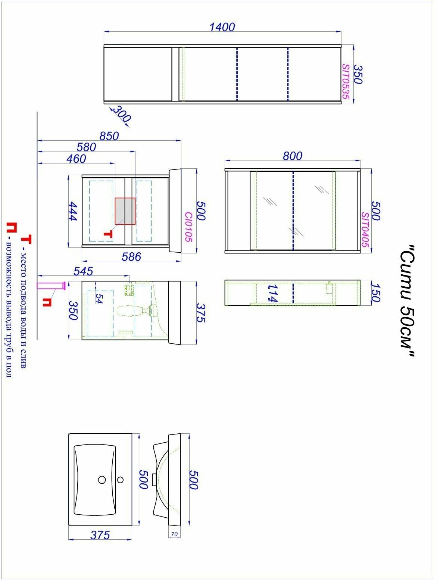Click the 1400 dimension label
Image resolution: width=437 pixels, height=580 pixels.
tap(222, 27)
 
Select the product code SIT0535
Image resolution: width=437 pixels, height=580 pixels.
tap(346, 82)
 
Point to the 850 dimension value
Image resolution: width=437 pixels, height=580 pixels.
tap(109, 136)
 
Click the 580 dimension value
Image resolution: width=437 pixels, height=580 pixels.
tap(86, 147)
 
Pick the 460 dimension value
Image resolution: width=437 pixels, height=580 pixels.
tap(76, 159)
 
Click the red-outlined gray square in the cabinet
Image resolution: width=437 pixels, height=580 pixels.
tap(125, 211)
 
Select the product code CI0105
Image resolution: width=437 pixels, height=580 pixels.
tap(188, 227)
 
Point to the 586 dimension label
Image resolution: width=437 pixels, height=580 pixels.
tap(131, 256)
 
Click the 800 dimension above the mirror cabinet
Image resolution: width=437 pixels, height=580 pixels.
tap(293, 156)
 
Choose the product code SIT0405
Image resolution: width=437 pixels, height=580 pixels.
tap(365, 230)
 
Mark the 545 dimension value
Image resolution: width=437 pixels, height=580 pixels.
tap(83, 271)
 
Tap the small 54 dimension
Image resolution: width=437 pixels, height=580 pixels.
tap(99, 299)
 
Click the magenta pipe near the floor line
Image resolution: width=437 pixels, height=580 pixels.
tap(51, 286)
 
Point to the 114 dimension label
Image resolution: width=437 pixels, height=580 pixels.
tap(272, 293)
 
